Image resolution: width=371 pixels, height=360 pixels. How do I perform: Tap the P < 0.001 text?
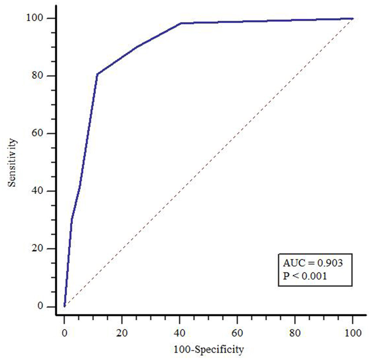(x=305, y=276)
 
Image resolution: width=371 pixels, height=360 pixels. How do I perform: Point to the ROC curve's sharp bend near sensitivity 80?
(x=97, y=74)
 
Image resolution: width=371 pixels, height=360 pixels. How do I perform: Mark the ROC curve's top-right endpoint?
(x=353, y=18)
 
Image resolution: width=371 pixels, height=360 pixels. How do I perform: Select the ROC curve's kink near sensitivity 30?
(x=71, y=220)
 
